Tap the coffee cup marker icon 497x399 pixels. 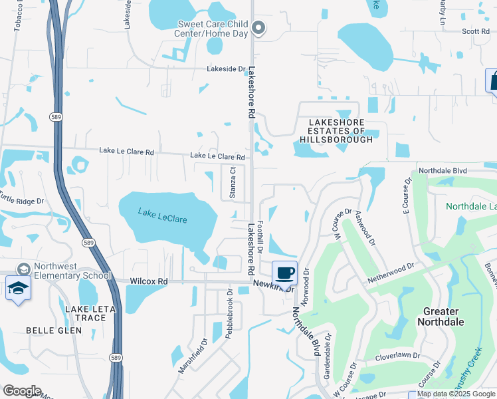[284, 273]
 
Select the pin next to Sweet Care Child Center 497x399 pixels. [259, 28]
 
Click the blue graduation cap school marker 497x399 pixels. [17, 289]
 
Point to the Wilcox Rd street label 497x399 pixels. [149, 281]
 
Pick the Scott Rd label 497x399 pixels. [476, 31]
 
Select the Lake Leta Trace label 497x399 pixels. [90, 313]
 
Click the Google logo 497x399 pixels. [21, 391]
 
